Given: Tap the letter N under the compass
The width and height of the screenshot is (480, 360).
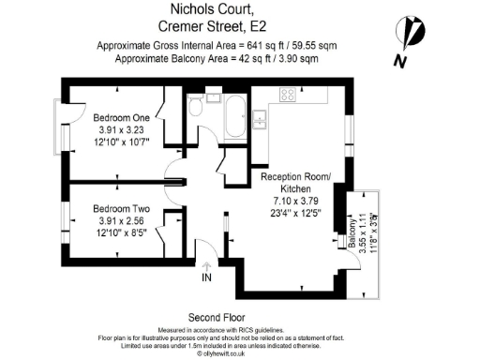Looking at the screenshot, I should click(x=400, y=62).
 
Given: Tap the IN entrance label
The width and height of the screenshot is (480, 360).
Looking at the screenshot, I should click(x=206, y=277).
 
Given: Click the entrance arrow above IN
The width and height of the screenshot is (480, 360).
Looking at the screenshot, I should click(x=206, y=264).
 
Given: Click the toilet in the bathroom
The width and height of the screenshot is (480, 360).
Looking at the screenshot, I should click(x=195, y=108).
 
